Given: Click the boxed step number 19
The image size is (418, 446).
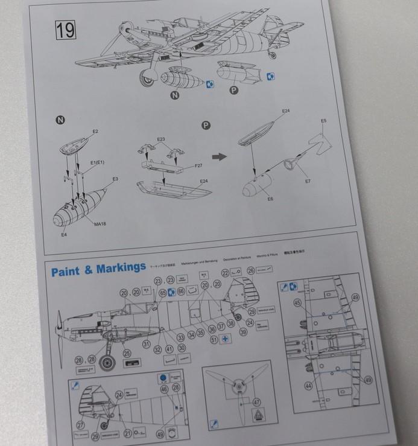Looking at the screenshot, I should [x=65, y=30].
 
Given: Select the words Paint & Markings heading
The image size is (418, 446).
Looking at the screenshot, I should [x=98, y=269].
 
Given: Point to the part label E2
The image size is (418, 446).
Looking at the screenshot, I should [x=95, y=132].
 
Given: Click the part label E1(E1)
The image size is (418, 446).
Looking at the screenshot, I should [x=98, y=164].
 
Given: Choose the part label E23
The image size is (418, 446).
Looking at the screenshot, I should [x=161, y=139].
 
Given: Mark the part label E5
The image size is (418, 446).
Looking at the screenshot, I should [x=323, y=121].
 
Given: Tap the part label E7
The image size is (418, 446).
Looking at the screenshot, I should [x=308, y=180].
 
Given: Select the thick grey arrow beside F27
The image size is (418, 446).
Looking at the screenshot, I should [x=219, y=157].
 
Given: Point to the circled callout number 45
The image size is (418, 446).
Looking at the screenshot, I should [x=297, y=303].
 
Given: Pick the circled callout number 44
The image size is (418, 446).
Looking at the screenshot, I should [x=308, y=385].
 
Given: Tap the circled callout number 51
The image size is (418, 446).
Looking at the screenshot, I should [x=214, y=340].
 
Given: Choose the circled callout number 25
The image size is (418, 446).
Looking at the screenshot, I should [x=127, y=353].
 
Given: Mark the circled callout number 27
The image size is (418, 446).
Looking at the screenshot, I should [x=81, y=425].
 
